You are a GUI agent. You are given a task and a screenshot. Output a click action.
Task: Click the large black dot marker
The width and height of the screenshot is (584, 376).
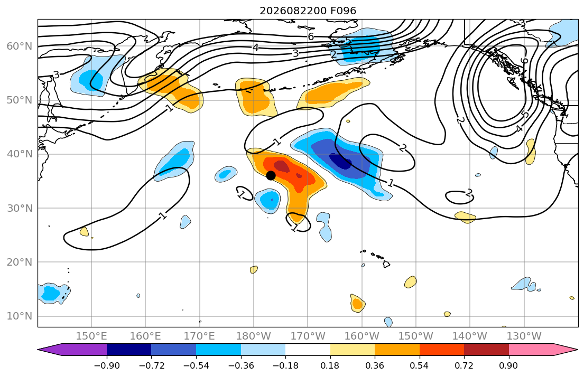click(x=271, y=175)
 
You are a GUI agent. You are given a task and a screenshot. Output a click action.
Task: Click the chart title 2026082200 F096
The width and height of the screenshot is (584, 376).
click(x=308, y=11)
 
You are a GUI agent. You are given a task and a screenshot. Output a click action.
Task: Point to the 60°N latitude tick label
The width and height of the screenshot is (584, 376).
click(x=20, y=46)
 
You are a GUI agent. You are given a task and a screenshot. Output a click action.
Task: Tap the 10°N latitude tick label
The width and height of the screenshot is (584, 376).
click(x=20, y=316)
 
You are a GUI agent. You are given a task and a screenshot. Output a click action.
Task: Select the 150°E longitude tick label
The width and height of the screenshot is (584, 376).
click(x=91, y=336)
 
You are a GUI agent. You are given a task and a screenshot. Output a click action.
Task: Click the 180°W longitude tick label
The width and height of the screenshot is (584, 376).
click(x=254, y=336)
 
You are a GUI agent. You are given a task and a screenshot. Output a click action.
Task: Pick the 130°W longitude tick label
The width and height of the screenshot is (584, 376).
click(x=524, y=336)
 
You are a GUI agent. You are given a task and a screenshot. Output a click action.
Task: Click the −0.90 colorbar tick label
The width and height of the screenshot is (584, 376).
click(x=107, y=365)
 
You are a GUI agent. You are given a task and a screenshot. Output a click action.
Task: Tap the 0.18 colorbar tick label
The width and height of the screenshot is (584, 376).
click(x=330, y=365)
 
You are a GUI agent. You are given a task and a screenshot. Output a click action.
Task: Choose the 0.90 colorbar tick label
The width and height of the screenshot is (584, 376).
click(x=508, y=365)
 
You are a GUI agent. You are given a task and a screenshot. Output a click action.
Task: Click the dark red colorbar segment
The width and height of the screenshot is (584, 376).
click(x=486, y=350)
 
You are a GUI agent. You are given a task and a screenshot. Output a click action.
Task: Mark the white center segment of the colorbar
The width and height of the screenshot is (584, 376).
click(x=308, y=350)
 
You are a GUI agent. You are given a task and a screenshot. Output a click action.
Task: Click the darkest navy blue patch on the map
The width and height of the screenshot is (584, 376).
click(x=340, y=162)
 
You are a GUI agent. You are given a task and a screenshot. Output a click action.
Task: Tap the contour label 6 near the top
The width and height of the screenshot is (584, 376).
click(x=311, y=36)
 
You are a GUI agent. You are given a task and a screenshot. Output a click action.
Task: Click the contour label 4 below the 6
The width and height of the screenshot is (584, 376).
click(x=255, y=48)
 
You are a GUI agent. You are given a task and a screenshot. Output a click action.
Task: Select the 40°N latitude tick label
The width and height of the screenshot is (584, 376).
click(x=20, y=154)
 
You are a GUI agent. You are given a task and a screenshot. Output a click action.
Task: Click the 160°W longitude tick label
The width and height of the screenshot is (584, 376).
click(x=361, y=336)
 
